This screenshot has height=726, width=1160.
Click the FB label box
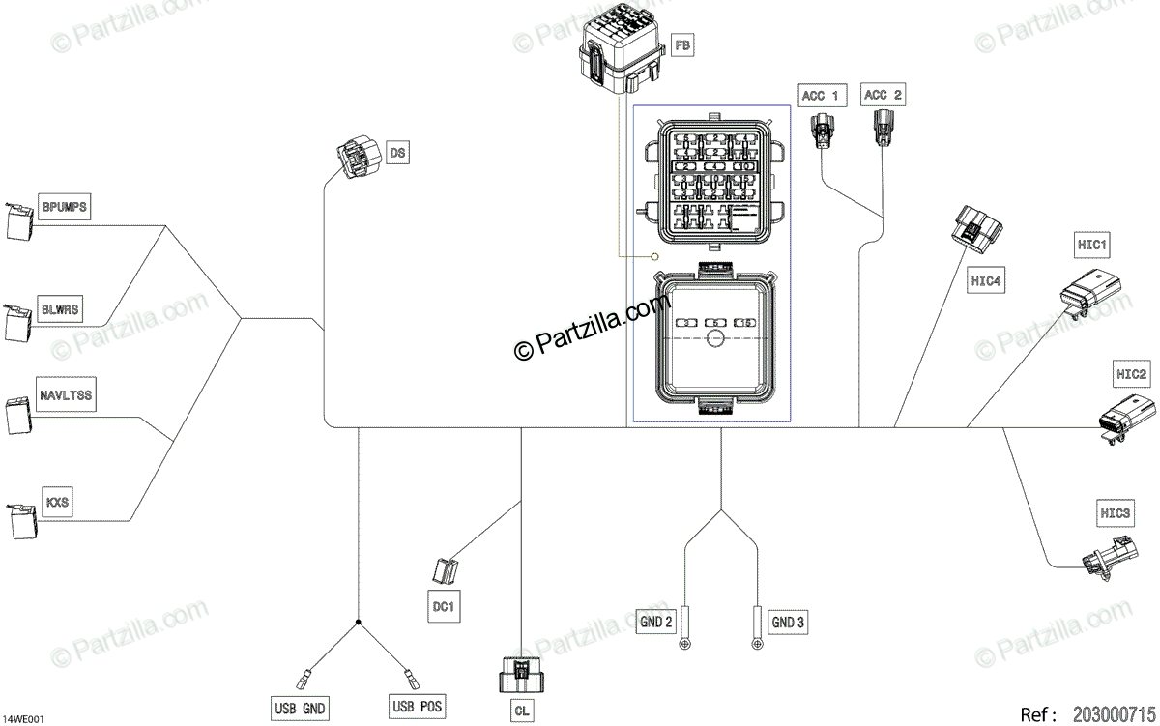(x=682, y=45)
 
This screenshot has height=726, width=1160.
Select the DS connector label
(x=397, y=152)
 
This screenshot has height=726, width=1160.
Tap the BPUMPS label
(x=65, y=207)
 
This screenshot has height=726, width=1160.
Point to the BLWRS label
(x=60, y=309)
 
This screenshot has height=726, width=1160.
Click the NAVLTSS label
(x=67, y=395)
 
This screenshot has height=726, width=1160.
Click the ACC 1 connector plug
(x=823, y=131)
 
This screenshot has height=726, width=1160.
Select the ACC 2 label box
(x=884, y=95)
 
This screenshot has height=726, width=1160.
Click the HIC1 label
(x=1092, y=246)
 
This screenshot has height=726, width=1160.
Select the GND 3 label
(x=788, y=623)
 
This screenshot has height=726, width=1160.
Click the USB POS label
(x=419, y=708)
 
